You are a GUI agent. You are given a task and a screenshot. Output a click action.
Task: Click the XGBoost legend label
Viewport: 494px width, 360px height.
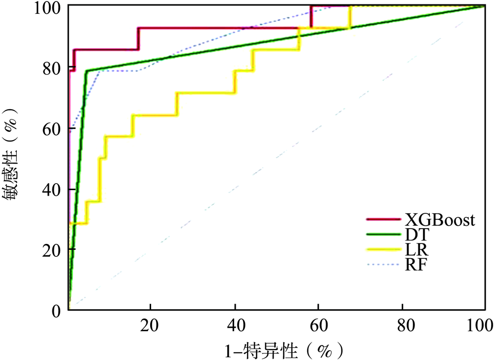[x=440, y=220]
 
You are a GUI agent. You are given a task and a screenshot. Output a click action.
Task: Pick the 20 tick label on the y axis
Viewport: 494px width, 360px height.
[x=51, y=250]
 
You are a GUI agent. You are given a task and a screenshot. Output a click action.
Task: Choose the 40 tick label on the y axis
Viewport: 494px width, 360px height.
[x=51, y=189]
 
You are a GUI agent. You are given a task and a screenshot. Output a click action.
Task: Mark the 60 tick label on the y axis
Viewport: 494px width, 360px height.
[x=51, y=128]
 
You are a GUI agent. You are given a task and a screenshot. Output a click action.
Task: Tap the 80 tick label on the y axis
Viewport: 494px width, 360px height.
[x=51, y=68]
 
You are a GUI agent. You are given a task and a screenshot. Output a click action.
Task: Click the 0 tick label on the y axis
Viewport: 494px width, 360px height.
[x=56, y=311]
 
